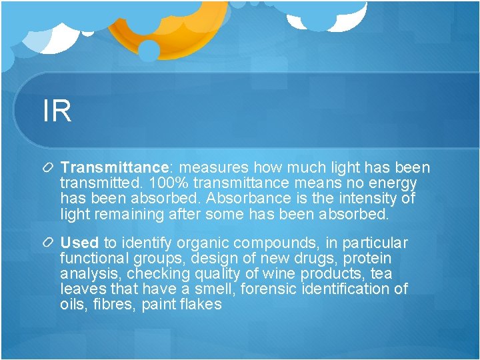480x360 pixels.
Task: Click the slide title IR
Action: pos(57,111)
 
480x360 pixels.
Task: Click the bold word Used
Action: pos(79,243)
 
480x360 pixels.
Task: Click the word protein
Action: pos(367,259)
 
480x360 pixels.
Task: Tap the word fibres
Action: pos(115,305)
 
